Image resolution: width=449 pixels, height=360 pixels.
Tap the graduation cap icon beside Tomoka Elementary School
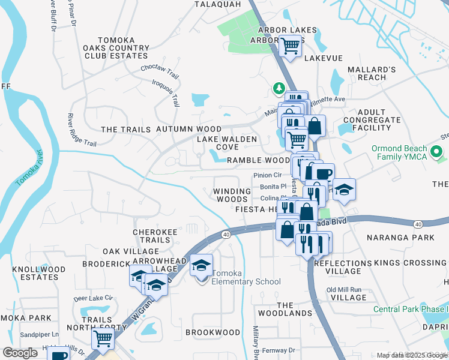201,265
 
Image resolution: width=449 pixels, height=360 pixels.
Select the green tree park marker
279,88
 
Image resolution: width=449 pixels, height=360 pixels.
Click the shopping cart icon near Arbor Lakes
291,45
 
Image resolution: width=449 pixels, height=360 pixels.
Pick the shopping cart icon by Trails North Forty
103,338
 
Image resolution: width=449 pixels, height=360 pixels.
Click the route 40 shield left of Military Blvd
226,233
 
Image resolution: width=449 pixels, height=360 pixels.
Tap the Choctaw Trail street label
160,71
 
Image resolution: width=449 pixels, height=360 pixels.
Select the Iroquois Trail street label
166,93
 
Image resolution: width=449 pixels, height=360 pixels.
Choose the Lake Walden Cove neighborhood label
227,143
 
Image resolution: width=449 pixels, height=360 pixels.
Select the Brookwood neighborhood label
212,332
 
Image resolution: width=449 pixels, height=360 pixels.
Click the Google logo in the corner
20,353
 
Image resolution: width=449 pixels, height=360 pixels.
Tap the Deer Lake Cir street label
93,298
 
